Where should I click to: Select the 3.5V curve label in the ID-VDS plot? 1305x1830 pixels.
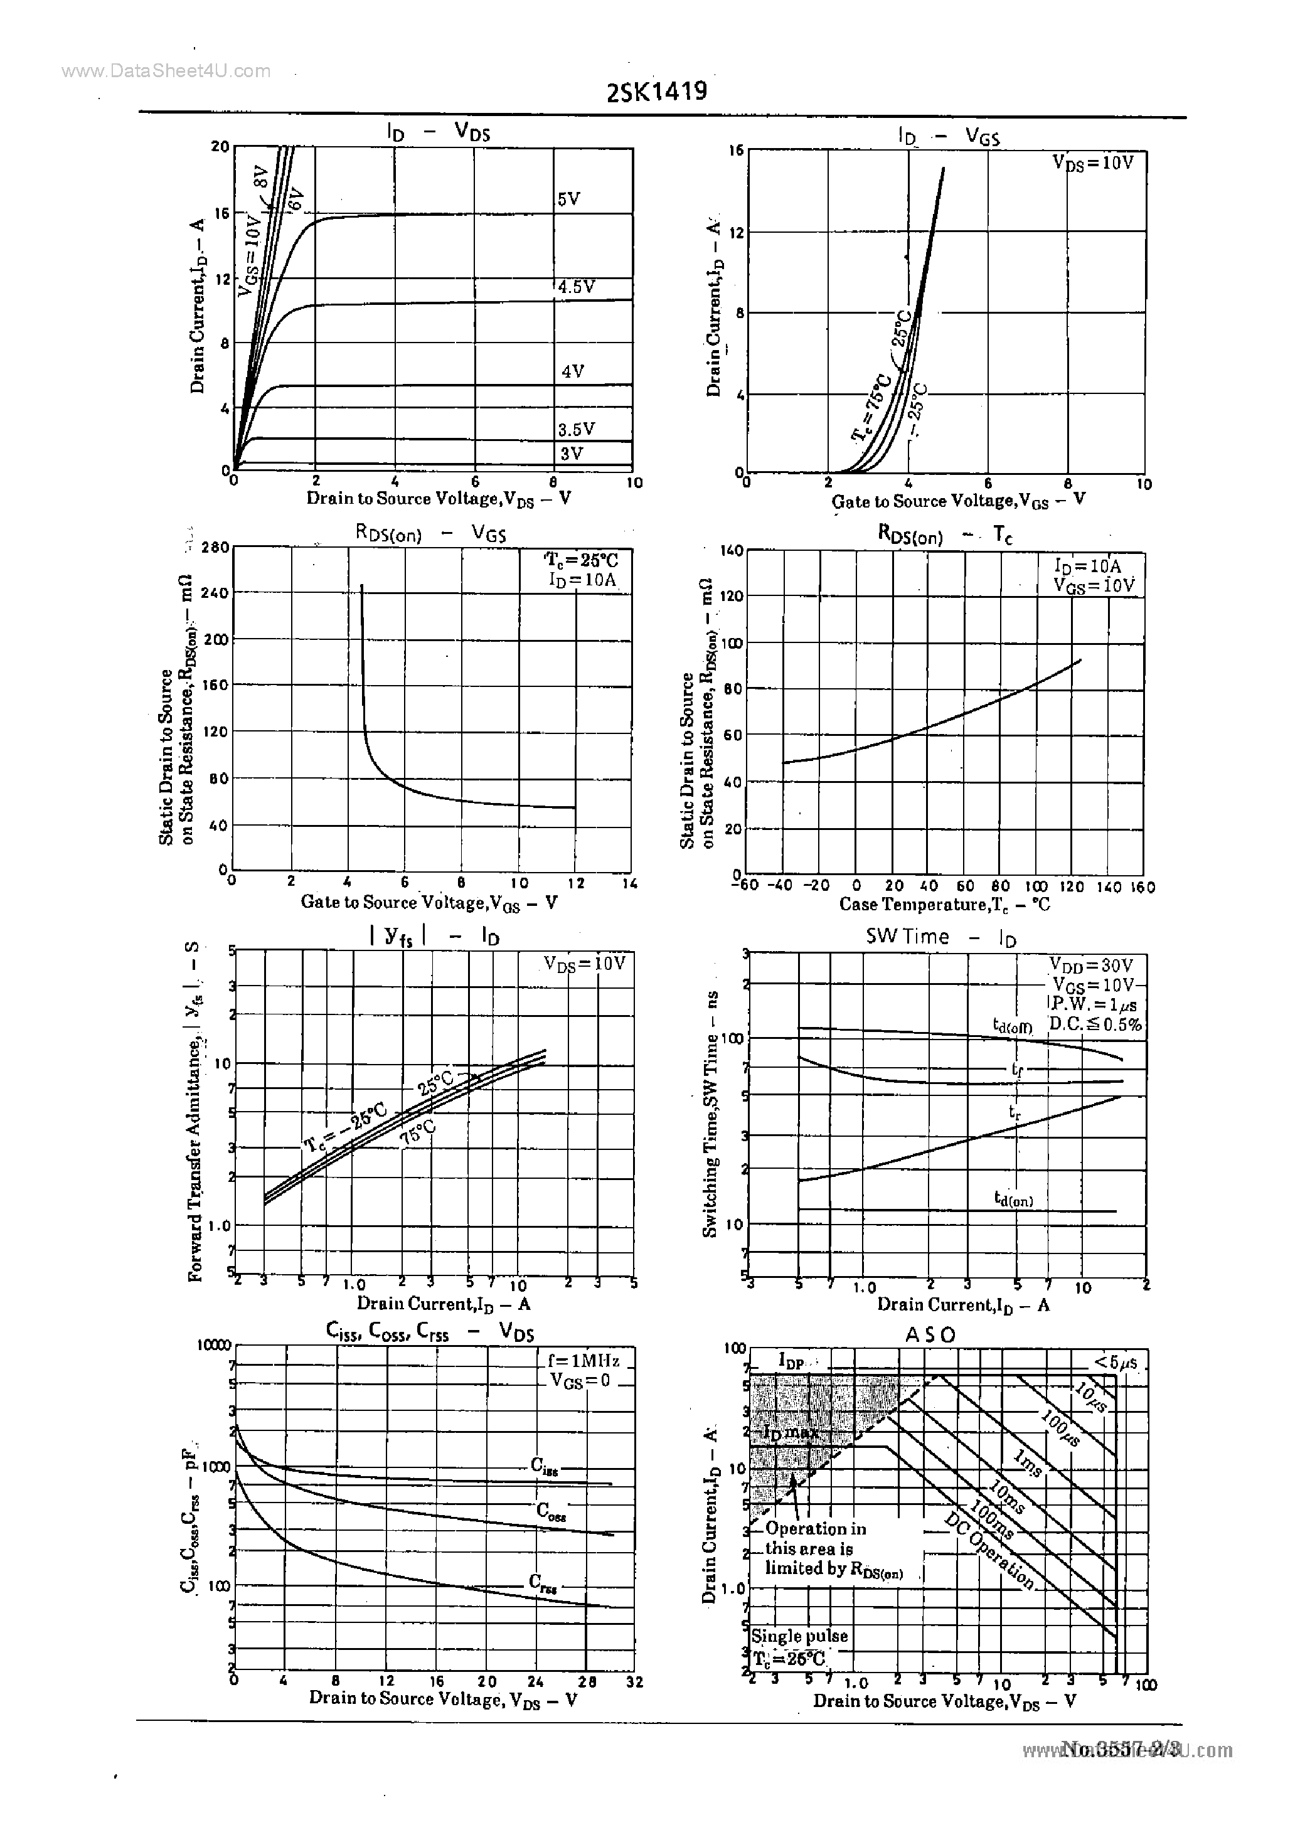point(576,430)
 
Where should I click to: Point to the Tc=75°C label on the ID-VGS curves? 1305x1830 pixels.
point(872,407)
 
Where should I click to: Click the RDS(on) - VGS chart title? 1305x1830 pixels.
point(431,533)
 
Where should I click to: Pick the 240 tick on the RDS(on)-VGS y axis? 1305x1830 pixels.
point(215,593)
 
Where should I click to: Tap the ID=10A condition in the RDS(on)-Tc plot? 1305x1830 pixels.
point(1087,567)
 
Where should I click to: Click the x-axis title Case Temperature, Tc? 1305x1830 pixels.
point(944,905)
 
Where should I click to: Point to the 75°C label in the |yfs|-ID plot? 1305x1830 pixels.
point(417,1135)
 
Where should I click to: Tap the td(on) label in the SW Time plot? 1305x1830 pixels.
point(1013,1200)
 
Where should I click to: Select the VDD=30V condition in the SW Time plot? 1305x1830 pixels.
point(1090,965)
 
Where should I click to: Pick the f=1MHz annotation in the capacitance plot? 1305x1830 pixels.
point(583,1361)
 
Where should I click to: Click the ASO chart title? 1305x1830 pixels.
point(930,1334)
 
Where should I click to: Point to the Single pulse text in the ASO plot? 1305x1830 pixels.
point(799,1636)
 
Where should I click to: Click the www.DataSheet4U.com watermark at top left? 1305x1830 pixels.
point(166,71)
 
